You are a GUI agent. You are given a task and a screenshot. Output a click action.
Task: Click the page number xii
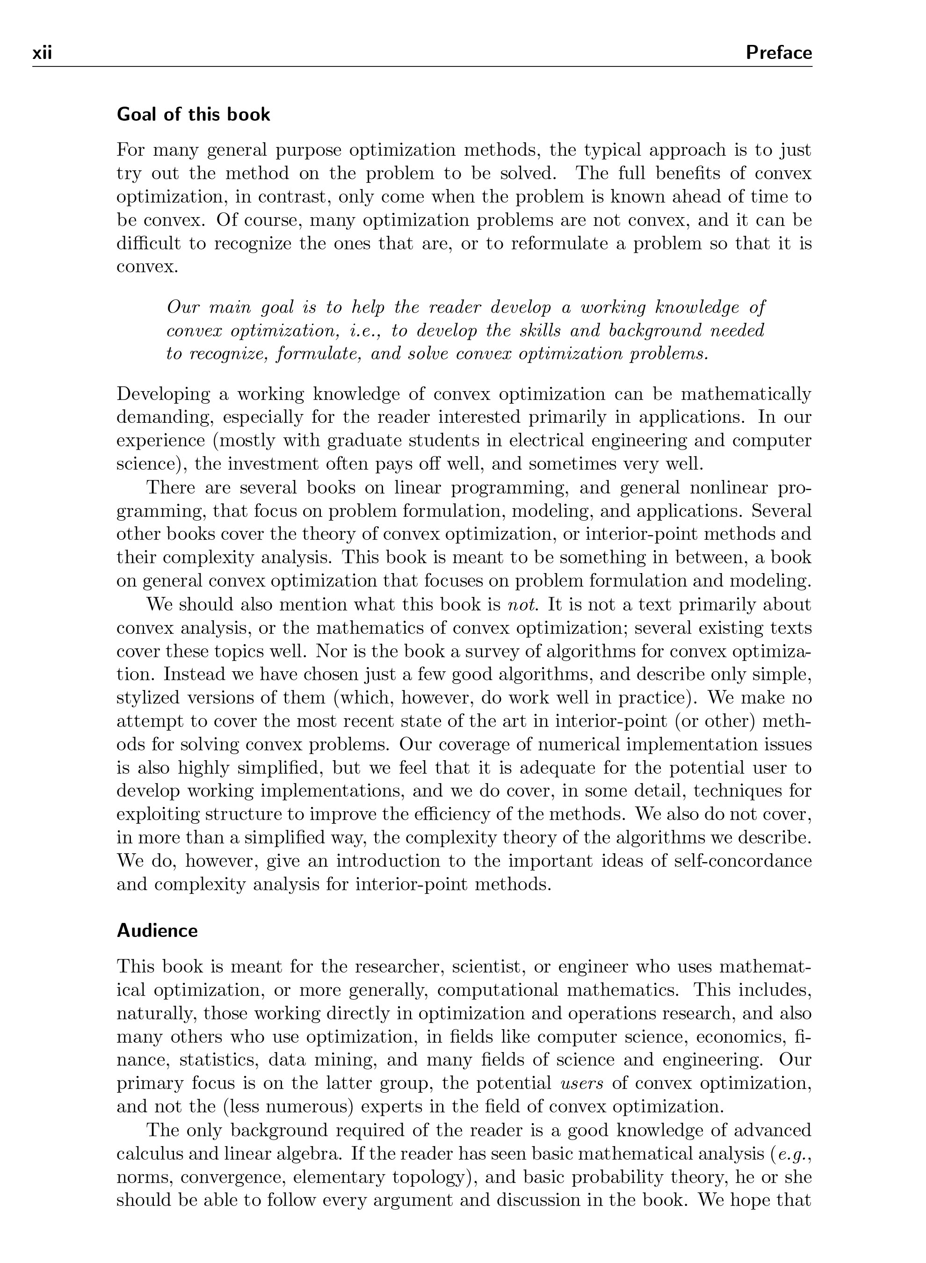tap(42, 53)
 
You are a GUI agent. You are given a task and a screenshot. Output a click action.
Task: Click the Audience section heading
tap(157, 930)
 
